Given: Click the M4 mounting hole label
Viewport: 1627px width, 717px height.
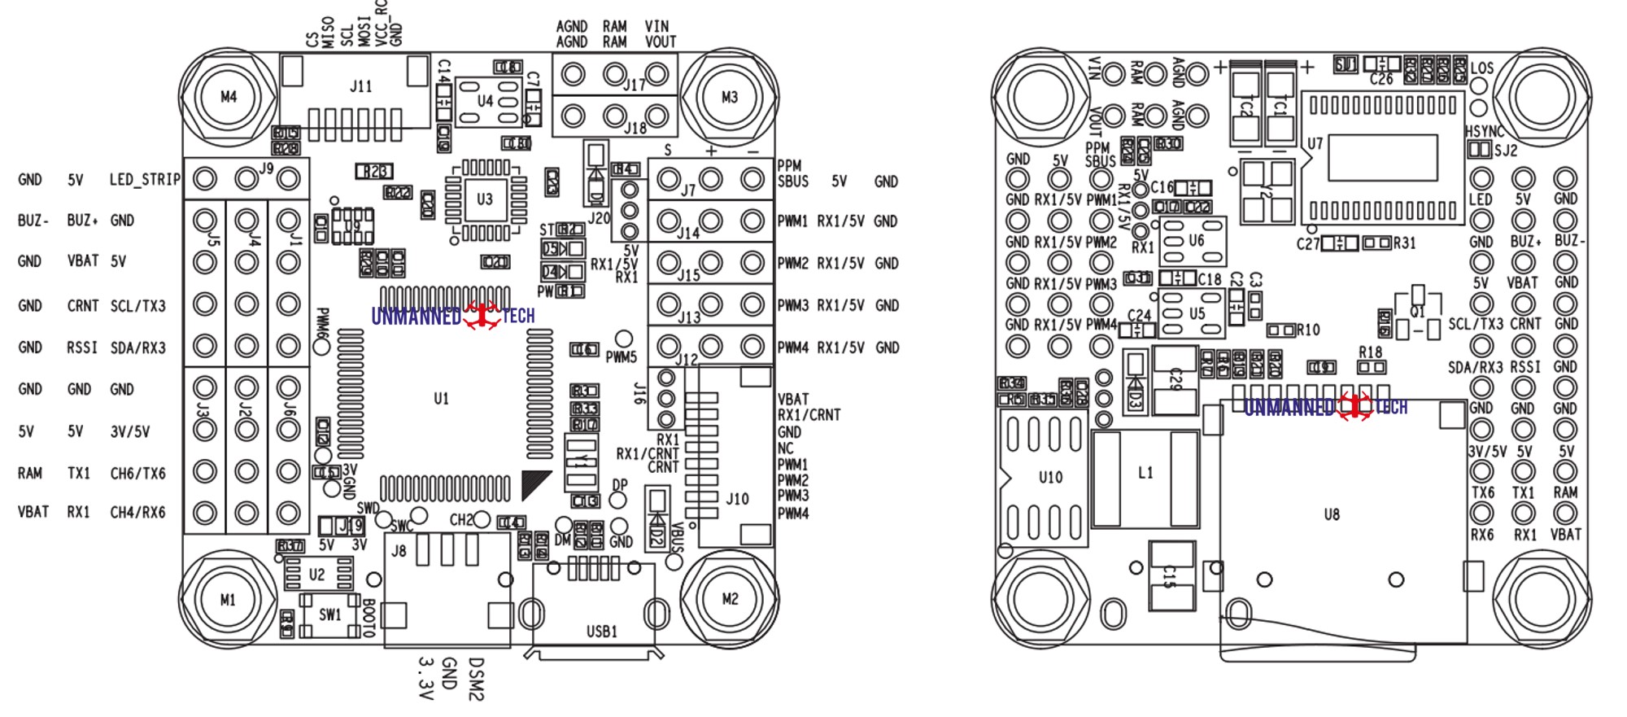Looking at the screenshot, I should tap(229, 97).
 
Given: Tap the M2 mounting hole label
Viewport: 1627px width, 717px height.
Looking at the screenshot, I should tap(730, 599).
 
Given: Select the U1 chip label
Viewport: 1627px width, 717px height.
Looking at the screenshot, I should tap(441, 399).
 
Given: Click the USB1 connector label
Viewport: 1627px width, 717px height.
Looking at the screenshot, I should tap(602, 631).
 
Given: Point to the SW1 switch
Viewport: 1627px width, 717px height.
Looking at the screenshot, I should tap(329, 614).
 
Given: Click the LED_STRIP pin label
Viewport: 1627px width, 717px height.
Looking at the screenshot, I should tap(144, 179).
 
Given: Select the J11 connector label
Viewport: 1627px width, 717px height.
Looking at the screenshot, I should tap(360, 86).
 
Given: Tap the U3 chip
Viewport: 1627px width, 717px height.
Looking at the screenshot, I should tap(485, 199).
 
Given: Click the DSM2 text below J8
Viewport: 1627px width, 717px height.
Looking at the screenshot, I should tap(477, 680).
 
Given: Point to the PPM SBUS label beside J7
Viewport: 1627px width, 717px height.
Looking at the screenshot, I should tap(792, 173).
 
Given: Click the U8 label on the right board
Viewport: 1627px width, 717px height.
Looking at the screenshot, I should tap(1331, 514).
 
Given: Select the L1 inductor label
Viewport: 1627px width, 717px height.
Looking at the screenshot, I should tap(1145, 473).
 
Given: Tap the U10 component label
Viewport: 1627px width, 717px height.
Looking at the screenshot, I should tap(1050, 478).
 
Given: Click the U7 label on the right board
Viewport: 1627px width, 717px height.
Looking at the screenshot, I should tap(1315, 144).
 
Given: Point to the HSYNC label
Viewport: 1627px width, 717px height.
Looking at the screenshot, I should tap(1485, 131).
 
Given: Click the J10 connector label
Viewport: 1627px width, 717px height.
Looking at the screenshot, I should tap(737, 499).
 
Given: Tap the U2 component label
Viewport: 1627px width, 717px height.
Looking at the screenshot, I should tap(316, 575).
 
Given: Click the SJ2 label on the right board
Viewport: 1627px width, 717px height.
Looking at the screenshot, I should tap(1506, 150).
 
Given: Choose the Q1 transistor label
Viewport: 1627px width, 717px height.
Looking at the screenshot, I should tap(1418, 313).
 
